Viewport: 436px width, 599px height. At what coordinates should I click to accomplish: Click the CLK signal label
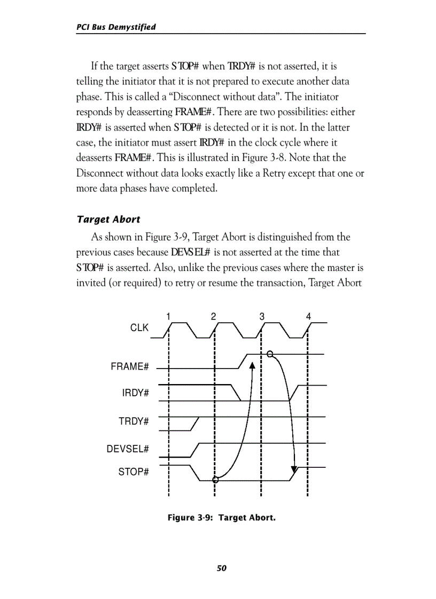[139, 328]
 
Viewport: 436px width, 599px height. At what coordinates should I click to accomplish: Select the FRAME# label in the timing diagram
[129, 367]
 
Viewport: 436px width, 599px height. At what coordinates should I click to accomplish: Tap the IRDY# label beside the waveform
[135, 393]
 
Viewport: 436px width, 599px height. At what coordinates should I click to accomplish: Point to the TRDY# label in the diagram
[133, 421]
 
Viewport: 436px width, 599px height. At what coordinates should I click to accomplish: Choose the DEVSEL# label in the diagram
[127, 449]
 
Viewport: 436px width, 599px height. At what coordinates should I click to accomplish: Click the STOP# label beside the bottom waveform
[133, 472]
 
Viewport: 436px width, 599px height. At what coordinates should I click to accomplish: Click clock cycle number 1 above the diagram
[168, 316]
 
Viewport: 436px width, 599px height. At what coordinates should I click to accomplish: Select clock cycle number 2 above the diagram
[213, 316]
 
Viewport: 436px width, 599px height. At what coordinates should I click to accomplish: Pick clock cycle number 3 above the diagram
[262, 316]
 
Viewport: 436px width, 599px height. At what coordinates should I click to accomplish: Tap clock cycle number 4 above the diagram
[308, 316]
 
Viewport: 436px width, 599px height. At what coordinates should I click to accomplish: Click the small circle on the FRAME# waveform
[270, 354]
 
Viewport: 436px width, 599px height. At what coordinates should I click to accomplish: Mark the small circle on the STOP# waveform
[215, 480]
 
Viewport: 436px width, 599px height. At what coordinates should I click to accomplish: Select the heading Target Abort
[108, 219]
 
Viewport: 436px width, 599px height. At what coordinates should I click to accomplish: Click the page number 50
[222, 568]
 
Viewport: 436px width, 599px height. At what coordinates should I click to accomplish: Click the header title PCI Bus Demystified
[116, 27]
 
